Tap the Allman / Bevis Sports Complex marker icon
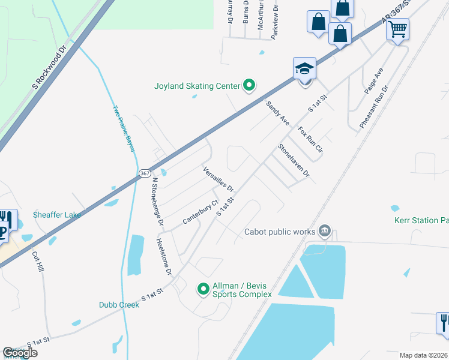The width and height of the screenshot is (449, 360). pos(203,290)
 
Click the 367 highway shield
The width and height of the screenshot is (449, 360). pos(144,173)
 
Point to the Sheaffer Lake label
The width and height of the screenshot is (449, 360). pos(58,215)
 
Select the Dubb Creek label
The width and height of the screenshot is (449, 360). pos(119,305)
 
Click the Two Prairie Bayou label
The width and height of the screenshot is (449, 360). pos(124,128)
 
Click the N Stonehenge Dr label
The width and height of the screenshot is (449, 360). pos(157,200)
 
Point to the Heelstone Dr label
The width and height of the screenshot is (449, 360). pos(164,256)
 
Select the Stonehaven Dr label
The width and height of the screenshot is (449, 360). pos(294,160)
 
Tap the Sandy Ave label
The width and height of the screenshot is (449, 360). pos(278,112)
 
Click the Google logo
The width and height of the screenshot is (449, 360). pos(20,353)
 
